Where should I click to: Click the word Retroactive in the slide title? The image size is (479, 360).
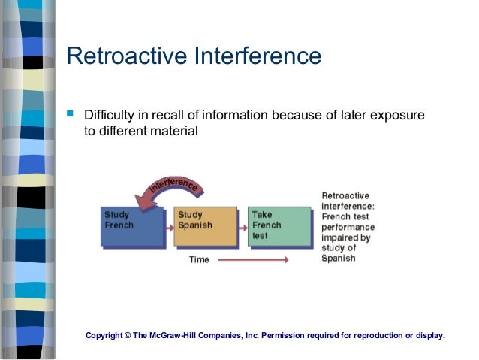pos(127,56)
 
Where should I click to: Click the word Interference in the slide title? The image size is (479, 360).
pos(258,56)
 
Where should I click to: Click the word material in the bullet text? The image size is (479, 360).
pos(174,132)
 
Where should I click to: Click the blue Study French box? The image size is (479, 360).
pos(131,226)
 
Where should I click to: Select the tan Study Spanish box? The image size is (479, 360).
pos(204,226)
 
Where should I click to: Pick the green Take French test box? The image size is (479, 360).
pos(279,226)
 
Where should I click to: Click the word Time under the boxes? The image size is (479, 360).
pos(200,260)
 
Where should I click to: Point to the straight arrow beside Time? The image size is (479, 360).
pos(252,260)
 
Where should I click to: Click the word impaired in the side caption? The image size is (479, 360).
pos(342,237)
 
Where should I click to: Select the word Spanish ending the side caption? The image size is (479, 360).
pos(339,259)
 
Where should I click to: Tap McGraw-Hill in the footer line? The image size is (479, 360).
pos(178,335)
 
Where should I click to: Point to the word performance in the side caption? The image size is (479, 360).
pos(348,227)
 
